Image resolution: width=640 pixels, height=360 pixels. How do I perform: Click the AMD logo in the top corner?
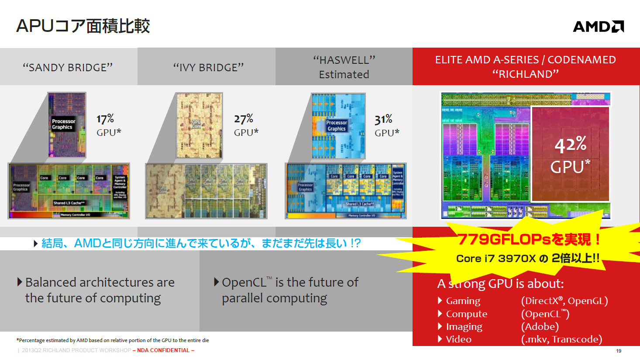tap(598, 27)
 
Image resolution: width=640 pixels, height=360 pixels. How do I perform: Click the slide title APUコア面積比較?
tap(83, 26)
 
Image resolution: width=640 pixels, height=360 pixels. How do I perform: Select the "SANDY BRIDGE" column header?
tap(68, 67)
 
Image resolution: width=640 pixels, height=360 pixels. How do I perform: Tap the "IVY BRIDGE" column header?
tap(208, 67)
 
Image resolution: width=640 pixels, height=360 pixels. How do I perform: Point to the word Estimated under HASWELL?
tap(344, 75)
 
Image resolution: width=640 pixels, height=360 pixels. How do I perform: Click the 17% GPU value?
tap(105, 119)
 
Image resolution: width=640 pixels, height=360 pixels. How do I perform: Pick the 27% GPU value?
tap(244, 119)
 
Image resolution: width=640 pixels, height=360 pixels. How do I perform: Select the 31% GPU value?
tap(383, 119)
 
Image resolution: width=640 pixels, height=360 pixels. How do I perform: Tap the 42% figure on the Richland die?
tap(571, 145)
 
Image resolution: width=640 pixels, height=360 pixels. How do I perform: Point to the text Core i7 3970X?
tap(495, 259)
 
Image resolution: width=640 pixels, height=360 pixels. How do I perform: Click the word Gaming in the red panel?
tap(463, 301)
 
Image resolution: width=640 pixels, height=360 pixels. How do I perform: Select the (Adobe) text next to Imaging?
tap(540, 327)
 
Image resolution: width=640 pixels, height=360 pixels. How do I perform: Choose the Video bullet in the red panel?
tap(458, 339)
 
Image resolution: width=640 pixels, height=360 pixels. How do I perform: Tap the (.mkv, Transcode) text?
tap(561, 339)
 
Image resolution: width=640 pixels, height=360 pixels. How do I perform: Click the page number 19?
tap(619, 351)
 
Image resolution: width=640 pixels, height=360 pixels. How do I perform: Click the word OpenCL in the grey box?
tap(244, 283)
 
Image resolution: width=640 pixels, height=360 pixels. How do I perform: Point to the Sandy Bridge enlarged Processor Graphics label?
tap(63, 125)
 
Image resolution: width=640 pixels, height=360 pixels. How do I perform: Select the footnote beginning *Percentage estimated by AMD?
tap(113, 340)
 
